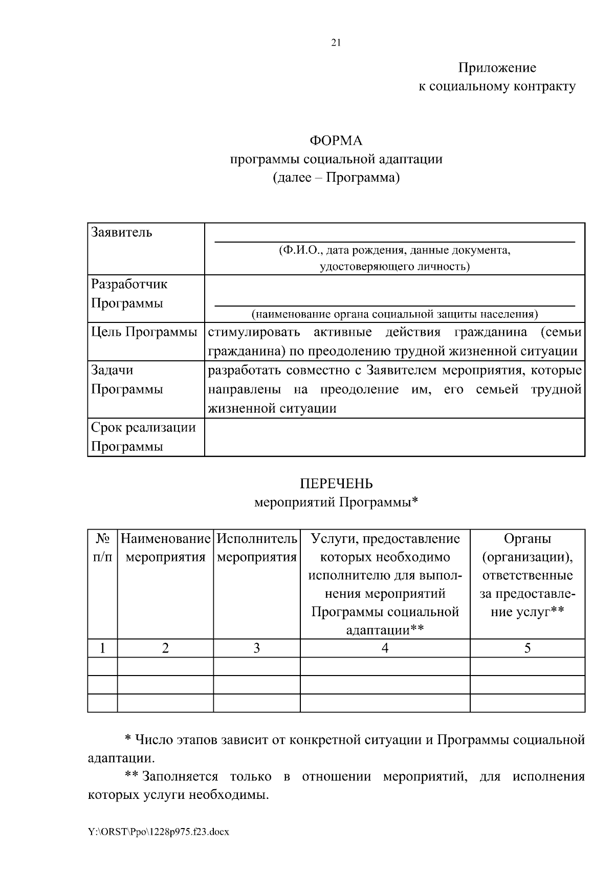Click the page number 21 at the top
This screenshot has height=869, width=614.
coord(336,43)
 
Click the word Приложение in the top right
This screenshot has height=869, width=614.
coord(497,68)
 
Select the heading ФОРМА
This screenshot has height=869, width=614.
coord(336,140)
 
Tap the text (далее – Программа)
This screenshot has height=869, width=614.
coord(336,178)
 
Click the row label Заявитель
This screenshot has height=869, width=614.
coord(122,232)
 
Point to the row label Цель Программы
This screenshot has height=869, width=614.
coord(144,332)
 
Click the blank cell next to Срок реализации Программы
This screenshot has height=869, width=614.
coord(394,437)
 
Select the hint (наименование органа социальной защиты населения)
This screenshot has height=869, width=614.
coord(394,314)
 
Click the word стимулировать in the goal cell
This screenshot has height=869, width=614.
coord(254,332)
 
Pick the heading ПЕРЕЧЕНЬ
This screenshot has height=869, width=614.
coord(336,484)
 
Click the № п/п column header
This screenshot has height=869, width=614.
coord(102,548)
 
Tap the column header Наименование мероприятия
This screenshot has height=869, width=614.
coord(165,548)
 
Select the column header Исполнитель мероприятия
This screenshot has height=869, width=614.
coord(257,548)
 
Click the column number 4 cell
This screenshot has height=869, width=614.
coord(385,648)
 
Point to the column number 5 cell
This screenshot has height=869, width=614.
coord(527,648)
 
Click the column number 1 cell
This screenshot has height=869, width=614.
coord(102,648)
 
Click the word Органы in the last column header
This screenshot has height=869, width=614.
coord(527,538)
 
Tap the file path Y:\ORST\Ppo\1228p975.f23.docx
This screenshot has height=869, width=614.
coord(159,832)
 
